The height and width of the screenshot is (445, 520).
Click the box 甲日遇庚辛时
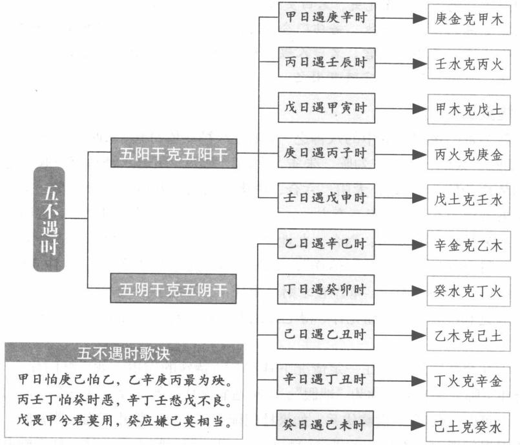326,18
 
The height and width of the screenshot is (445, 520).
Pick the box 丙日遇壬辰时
326,63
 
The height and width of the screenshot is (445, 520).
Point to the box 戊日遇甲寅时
326,108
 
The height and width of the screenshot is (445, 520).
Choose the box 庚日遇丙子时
326,154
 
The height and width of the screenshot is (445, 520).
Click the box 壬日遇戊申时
326,199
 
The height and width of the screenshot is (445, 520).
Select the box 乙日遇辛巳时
326,244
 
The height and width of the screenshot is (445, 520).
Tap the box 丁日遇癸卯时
326,289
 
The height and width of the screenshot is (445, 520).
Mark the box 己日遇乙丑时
326,334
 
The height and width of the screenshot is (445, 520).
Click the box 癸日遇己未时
326,425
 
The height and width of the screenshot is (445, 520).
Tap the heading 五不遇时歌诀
124,353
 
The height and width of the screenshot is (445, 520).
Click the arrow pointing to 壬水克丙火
401,63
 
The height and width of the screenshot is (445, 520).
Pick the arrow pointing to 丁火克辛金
401,380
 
